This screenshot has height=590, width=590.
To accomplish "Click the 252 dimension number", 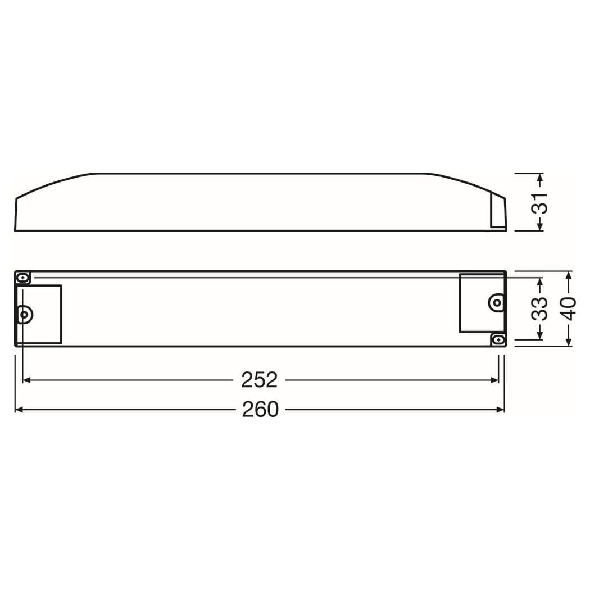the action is coord(259,380).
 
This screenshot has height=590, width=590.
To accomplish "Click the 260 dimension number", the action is coord(260,409).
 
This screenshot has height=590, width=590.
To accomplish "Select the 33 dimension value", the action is coord(539,308).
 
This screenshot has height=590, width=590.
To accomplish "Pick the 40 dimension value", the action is coord(569,308).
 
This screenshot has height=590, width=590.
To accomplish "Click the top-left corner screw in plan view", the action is coord(24,278).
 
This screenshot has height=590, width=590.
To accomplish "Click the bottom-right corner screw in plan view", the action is coord(498,339).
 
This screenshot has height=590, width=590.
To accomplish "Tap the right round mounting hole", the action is coord(496,302).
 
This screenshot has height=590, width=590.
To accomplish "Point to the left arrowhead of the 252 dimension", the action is coord(26,380).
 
